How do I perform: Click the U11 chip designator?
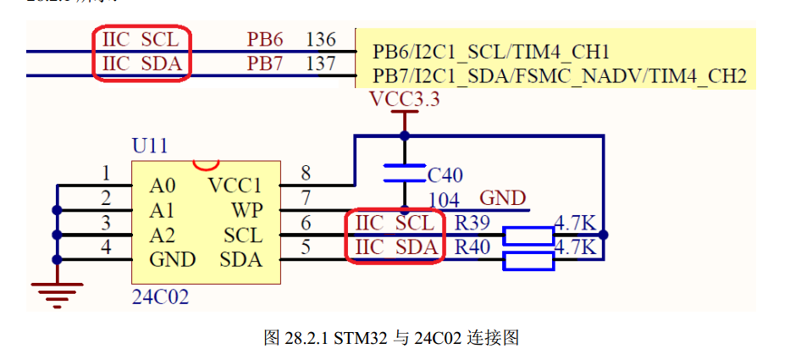150,146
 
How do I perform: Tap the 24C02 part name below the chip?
160,297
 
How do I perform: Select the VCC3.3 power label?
406,100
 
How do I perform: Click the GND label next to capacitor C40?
503,198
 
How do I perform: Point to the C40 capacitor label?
445,175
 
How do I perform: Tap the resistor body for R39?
528,235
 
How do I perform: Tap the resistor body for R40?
528,260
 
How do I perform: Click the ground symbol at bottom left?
57,291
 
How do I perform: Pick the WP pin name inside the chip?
246,209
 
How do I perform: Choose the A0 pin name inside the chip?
163,186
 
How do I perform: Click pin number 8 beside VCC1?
306,173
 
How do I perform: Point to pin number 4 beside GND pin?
106,248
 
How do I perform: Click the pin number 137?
321,64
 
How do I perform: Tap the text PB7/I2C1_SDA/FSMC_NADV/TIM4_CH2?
560,77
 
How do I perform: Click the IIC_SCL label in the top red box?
141,39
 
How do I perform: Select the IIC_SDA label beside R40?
395,248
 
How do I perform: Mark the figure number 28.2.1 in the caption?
307,339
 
